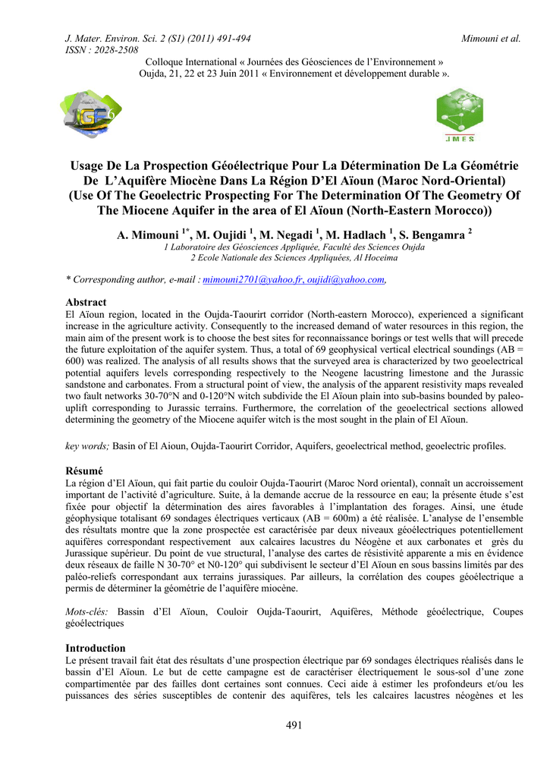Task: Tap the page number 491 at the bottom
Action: [294, 725]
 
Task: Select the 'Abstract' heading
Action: [86, 302]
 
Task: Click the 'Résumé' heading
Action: [83, 471]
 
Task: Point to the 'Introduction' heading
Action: [96, 648]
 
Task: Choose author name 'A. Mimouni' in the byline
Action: [146, 236]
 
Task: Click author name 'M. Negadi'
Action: [285, 236]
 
